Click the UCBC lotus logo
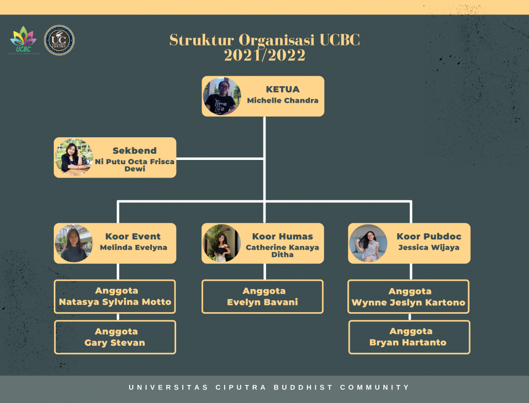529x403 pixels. click(23, 39)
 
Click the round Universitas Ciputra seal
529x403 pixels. click(59, 40)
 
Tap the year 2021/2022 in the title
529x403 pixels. click(264, 55)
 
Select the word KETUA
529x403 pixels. click(283, 89)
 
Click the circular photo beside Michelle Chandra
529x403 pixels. click(222, 96)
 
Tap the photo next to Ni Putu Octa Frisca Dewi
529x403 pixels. click(74, 157)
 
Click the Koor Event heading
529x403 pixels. click(133, 236)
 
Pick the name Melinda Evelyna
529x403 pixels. click(133, 248)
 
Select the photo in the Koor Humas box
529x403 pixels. click(221, 243)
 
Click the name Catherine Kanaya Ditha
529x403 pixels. click(282, 251)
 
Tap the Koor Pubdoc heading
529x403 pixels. click(429, 236)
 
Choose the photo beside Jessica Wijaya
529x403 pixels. click(368, 243)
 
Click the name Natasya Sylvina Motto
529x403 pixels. click(115, 302)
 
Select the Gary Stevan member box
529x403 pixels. click(115, 337)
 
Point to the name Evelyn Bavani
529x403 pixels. click(262, 302)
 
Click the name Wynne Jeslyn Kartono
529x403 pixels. click(408, 302)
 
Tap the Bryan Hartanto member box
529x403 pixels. click(409, 337)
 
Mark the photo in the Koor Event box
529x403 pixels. click(74, 243)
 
